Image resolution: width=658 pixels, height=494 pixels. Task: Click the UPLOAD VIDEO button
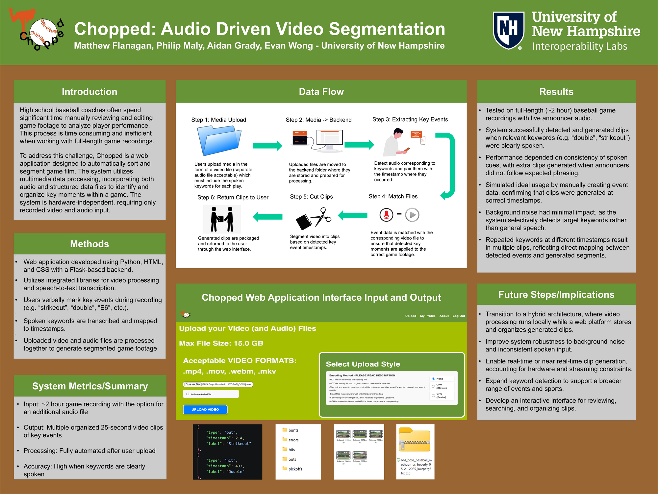[205, 409]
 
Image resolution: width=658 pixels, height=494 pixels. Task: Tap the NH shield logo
[509, 30]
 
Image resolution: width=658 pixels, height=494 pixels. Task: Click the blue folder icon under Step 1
[219, 141]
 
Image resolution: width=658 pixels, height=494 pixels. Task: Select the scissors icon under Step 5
[314, 218]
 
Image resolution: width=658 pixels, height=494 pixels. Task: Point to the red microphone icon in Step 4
[386, 215]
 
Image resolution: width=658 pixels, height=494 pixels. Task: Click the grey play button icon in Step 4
[412, 215]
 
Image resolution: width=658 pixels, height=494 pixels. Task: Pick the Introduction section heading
[89, 92]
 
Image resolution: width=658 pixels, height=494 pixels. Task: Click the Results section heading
[556, 92]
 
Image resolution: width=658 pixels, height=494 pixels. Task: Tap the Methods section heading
[89, 244]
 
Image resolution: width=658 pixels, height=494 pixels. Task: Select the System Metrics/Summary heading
[90, 386]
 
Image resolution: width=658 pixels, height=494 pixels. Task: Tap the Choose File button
[192, 384]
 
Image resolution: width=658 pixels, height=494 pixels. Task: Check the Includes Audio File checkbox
[188, 394]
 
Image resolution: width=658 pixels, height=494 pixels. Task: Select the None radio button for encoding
[433, 379]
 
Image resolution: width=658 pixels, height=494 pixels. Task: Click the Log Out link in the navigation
[459, 316]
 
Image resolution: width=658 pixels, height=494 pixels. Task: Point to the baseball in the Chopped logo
[44, 32]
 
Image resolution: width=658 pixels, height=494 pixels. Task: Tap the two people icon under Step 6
[222, 219]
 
